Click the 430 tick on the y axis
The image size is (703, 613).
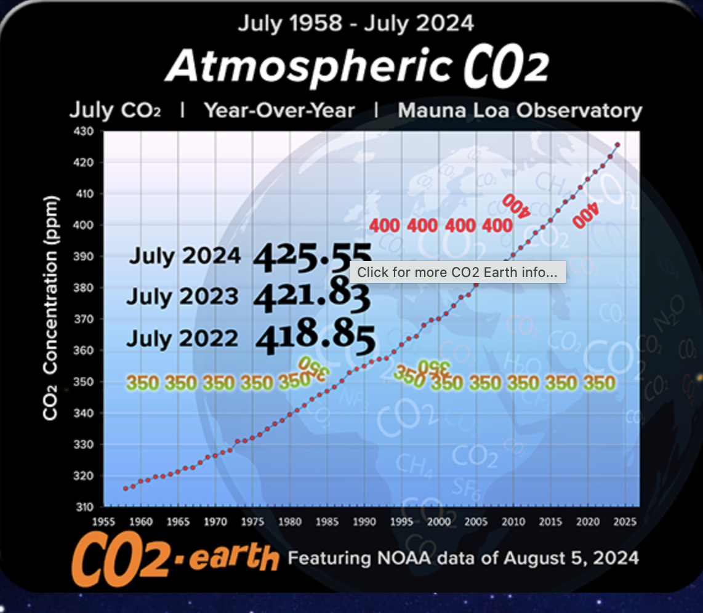pyautogui.click(x=84, y=131)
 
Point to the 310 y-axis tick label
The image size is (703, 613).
pyautogui.click(x=84, y=507)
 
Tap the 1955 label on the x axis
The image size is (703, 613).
pyautogui.click(x=104, y=522)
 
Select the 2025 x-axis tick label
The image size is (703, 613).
pyautogui.click(x=625, y=522)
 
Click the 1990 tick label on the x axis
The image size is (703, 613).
pyautogui.click(x=364, y=522)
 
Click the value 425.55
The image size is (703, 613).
pyautogui.click(x=313, y=255)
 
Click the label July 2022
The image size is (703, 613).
pyautogui.click(x=182, y=339)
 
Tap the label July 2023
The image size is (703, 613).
pyautogui.click(x=182, y=297)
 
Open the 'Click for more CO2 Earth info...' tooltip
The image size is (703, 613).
pyautogui.click(x=457, y=272)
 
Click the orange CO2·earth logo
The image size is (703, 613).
pyautogui.click(x=175, y=560)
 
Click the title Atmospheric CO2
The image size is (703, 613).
pyautogui.click(x=357, y=66)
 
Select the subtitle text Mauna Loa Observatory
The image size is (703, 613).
pyautogui.click(x=520, y=111)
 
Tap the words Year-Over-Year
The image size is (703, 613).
pyautogui.click(x=279, y=111)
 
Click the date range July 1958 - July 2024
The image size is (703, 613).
pyautogui.click(x=356, y=23)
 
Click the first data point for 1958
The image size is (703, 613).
pyautogui.click(x=126, y=489)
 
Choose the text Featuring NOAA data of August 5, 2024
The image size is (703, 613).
pyautogui.click(x=464, y=559)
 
